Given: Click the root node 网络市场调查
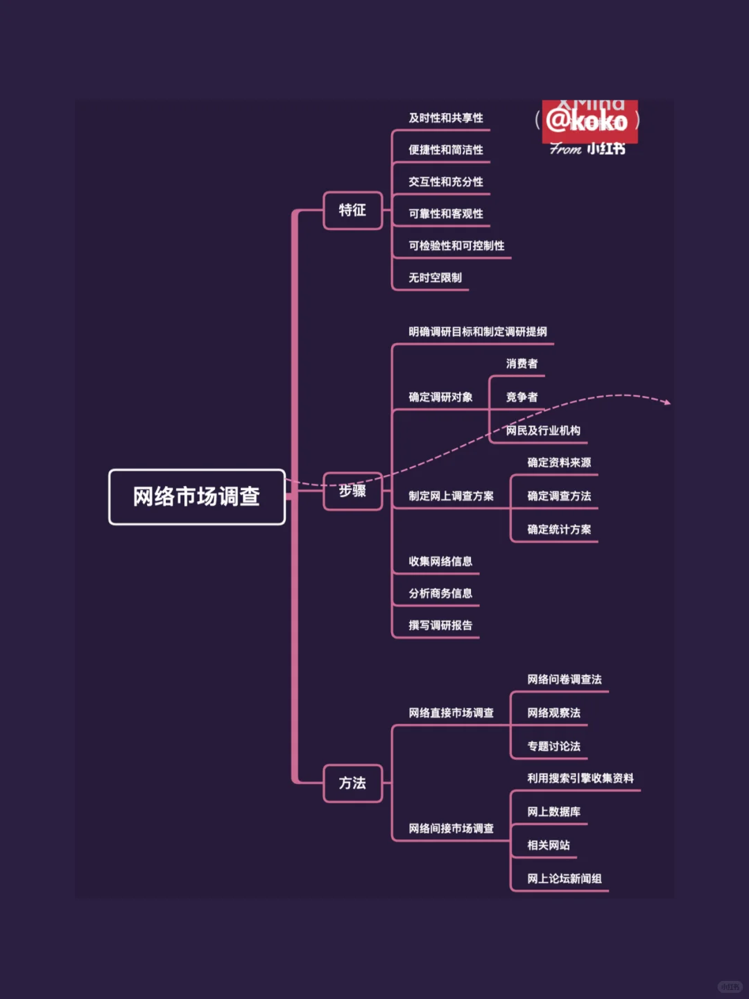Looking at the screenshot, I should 197,497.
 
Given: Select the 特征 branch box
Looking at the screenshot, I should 352,210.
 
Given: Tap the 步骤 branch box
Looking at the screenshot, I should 352,491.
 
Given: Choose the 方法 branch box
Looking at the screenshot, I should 352,783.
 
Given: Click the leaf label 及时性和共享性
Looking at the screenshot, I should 446,118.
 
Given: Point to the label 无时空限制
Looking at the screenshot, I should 435,278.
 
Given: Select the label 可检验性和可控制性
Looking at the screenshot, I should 456,246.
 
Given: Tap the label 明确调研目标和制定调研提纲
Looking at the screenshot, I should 478,332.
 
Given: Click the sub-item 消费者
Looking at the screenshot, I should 522,364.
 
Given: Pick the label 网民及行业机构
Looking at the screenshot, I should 543,431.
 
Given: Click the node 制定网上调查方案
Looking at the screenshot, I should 451,496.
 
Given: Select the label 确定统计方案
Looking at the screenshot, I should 559,530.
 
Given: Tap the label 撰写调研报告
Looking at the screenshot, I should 440,625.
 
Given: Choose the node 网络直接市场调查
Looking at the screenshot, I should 451,713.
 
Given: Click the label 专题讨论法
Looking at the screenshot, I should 553,747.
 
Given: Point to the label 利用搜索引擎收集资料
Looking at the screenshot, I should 580,779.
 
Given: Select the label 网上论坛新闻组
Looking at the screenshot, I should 565,879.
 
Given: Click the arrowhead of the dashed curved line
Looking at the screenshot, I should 667,402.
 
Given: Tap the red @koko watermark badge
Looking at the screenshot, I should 589,121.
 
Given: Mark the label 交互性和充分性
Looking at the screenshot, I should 446,182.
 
